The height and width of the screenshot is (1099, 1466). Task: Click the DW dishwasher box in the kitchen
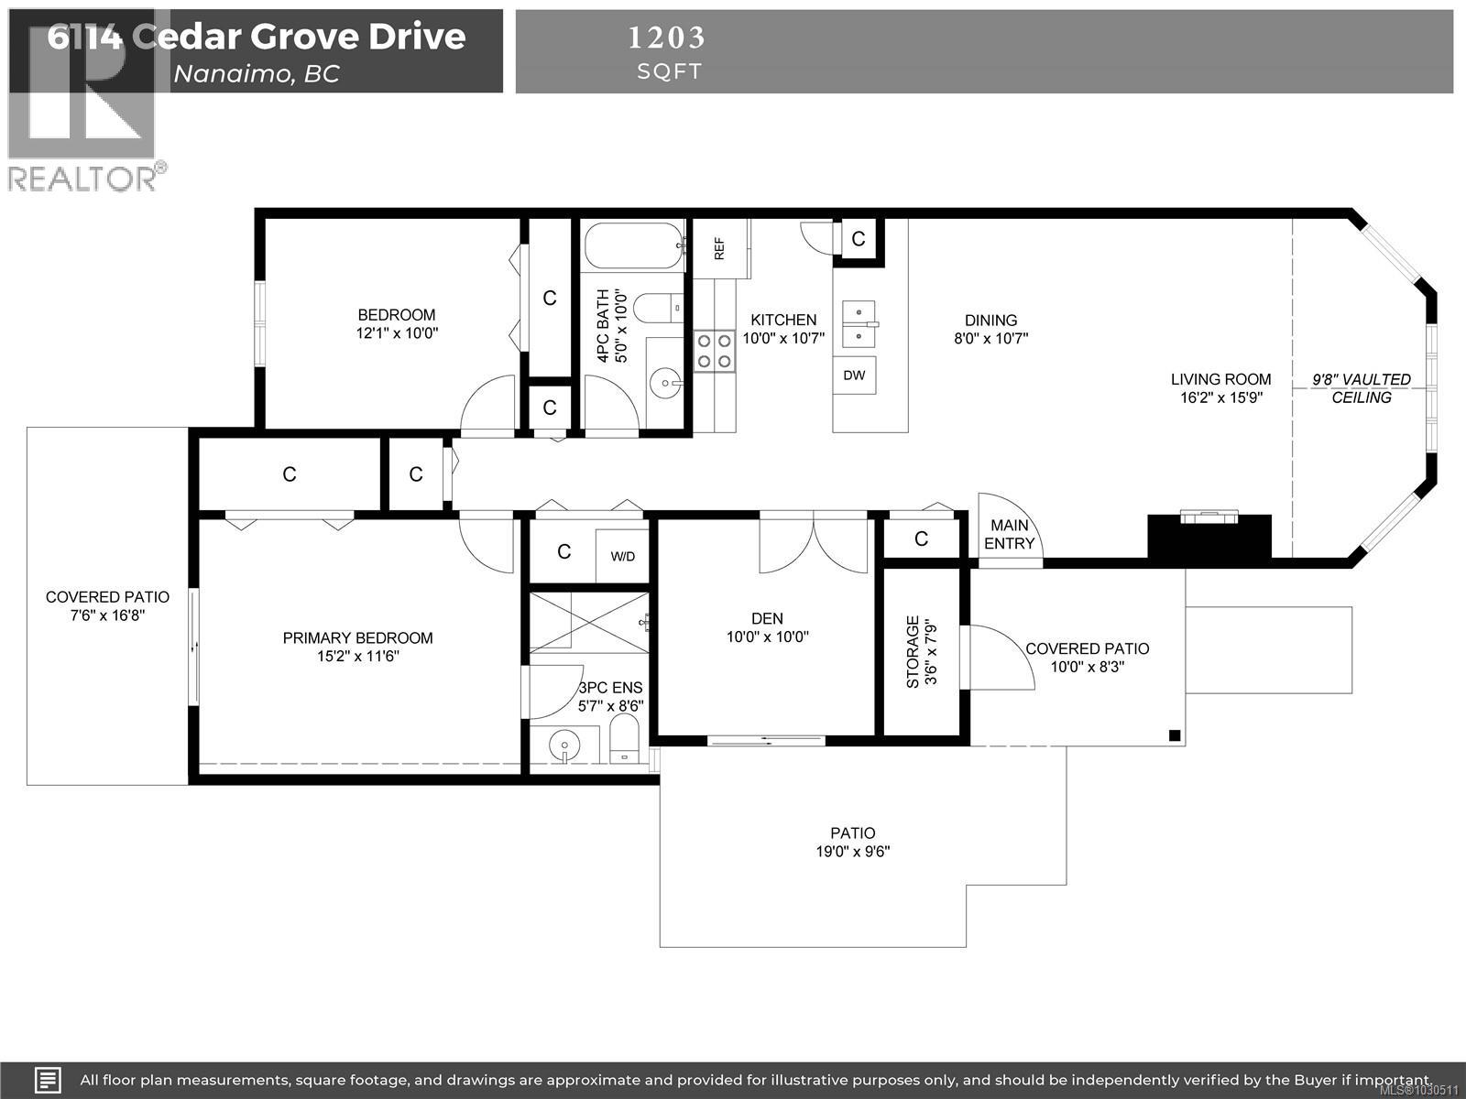point(854,375)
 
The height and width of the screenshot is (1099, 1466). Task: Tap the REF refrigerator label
point(719,248)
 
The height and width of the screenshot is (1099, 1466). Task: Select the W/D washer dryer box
point(623,556)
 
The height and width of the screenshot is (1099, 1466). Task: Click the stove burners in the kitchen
point(714,351)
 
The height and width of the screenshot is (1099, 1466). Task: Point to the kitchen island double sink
point(859,324)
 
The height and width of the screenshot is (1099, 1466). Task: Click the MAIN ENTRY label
point(1009,534)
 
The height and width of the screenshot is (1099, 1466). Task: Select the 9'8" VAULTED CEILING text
point(1361,388)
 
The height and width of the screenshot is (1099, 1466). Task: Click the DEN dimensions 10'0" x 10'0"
point(768,637)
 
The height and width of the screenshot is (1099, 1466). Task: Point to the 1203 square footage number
point(667,38)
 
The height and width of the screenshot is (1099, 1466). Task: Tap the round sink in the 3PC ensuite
point(564,746)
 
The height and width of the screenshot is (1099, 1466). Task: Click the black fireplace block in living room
point(1209,537)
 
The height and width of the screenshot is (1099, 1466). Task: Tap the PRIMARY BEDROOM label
point(357,638)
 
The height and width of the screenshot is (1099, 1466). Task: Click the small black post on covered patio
point(1175,734)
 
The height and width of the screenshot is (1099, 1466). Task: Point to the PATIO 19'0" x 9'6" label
point(853,842)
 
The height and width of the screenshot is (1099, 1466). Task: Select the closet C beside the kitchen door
point(859,240)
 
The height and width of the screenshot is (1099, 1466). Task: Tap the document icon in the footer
point(48,1080)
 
